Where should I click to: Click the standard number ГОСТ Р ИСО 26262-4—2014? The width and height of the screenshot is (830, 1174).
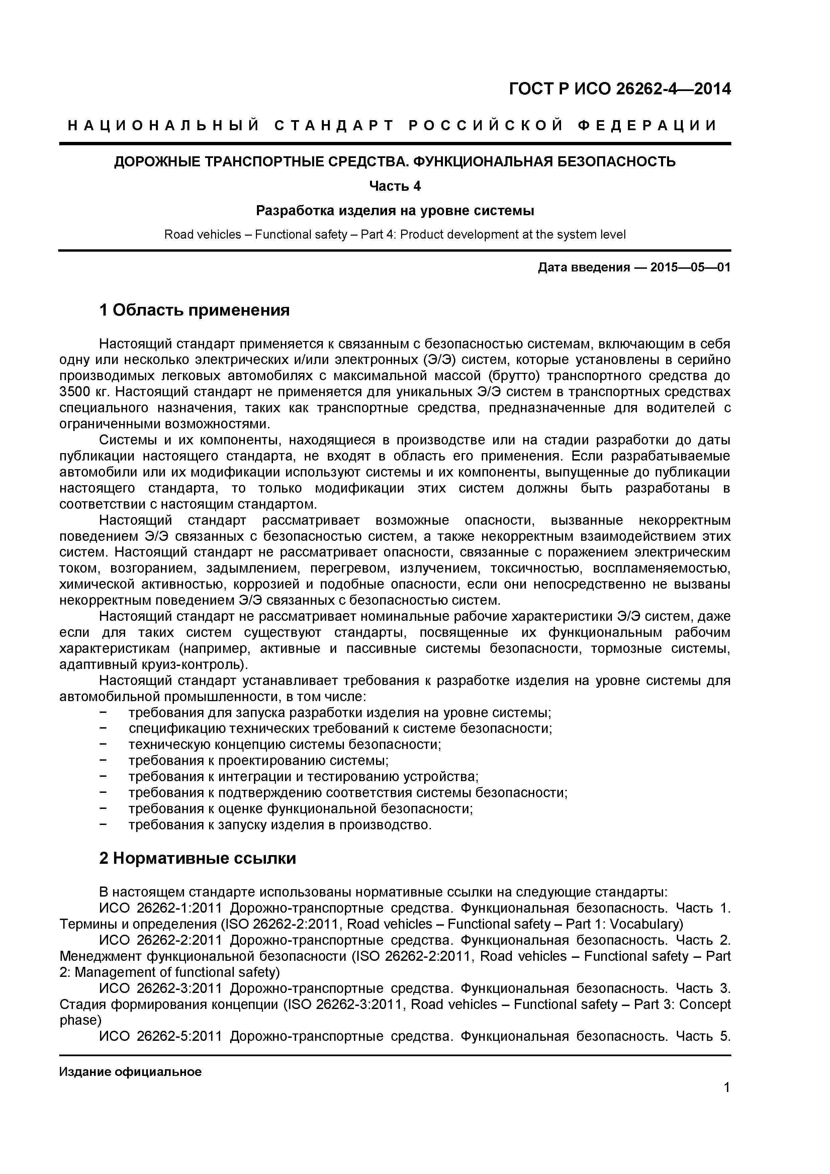620,89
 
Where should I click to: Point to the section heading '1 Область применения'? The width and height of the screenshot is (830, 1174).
194,310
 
